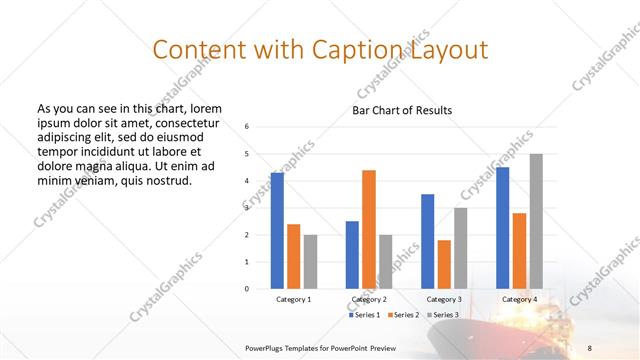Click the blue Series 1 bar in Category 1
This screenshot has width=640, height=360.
click(x=277, y=230)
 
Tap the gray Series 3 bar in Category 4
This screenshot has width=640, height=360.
click(x=536, y=221)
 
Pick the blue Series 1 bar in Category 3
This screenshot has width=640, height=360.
click(x=427, y=241)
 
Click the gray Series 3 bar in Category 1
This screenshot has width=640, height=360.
click(x=310, y=261)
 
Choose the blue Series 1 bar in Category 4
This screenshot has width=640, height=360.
click(x=502, y=227)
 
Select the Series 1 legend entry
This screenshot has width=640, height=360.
click(x=364, y=315)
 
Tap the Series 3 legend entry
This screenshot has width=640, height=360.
click(x=443, y=315)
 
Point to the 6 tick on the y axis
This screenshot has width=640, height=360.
click(x=247, y=126)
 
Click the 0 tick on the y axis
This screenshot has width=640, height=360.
click(x=247, y=288)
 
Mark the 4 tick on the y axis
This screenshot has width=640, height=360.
click(x=247, y=180)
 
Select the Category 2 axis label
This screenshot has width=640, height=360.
click(x=369, y=299)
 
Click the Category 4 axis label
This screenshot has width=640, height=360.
click(x=519, y=299)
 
